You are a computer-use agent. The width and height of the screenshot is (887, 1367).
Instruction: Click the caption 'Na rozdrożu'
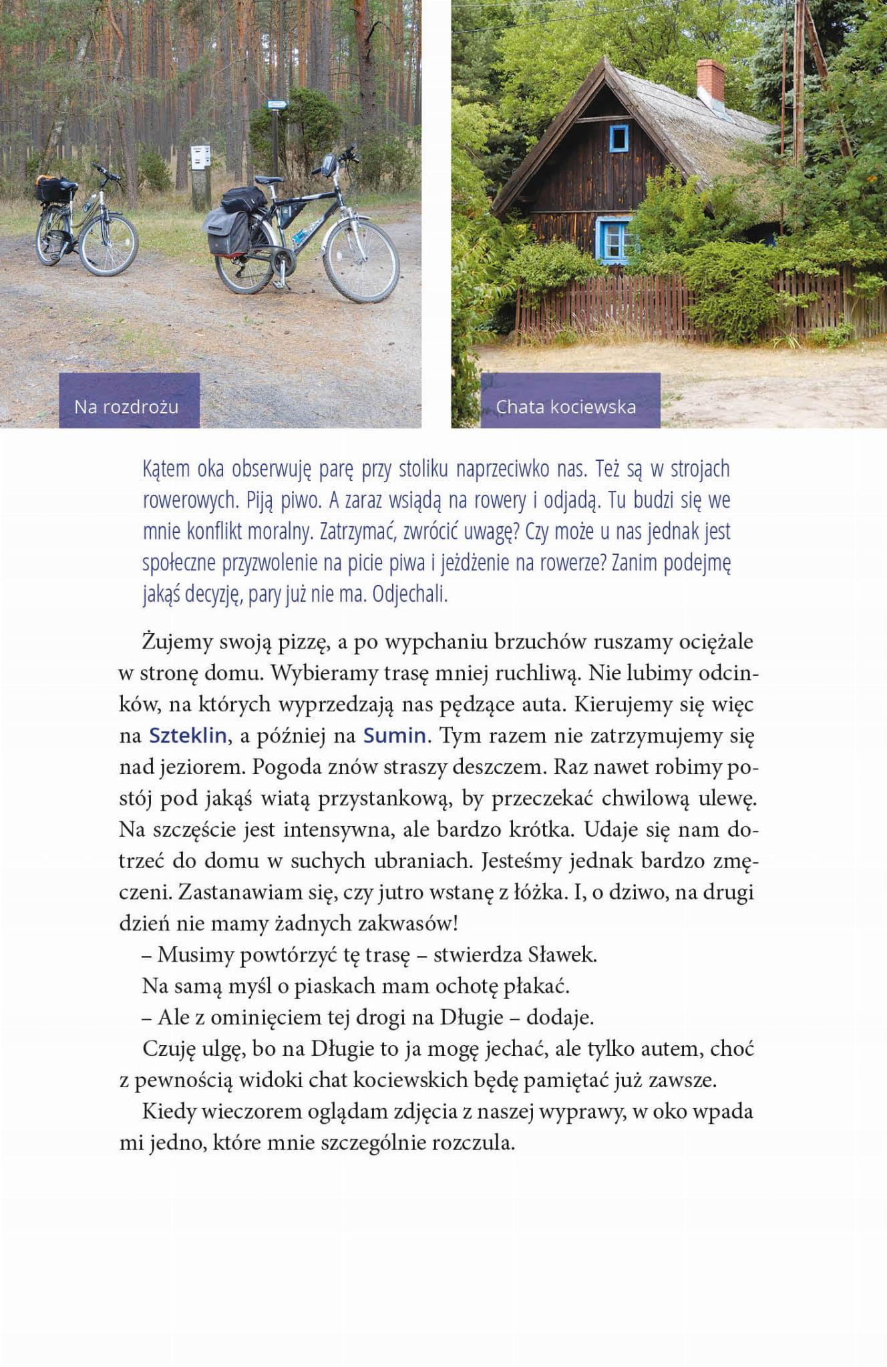pyautogui.click(x=126, y=406)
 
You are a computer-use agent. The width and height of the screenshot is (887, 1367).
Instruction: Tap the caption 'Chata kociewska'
pyautogui.click(x=566, y=406)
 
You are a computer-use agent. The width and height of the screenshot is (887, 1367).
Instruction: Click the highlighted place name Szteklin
pyautogui.click(x=188, y=735)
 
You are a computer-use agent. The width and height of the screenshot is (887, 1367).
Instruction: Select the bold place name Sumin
pyautogui.click(x=395, y=735)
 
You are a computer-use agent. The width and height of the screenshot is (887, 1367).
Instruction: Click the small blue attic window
pyautogui.click(x=618, y=138)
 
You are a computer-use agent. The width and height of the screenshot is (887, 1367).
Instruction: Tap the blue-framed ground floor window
pyautogui.click(x=614, y=239)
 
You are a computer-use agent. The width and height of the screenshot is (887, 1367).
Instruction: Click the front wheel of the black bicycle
pyautogui.click(x=361, y=261)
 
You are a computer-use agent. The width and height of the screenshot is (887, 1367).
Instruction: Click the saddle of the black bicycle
pyautogui.click(x=269, y=180)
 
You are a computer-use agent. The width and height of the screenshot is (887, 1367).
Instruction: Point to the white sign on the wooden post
pyautogui.click(x=200, y=156)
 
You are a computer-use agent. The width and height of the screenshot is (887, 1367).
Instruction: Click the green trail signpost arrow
pyautogui.click(x=277, y=104)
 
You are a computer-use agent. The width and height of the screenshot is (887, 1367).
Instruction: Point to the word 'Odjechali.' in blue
pyautogui.click(x=409, y=594)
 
